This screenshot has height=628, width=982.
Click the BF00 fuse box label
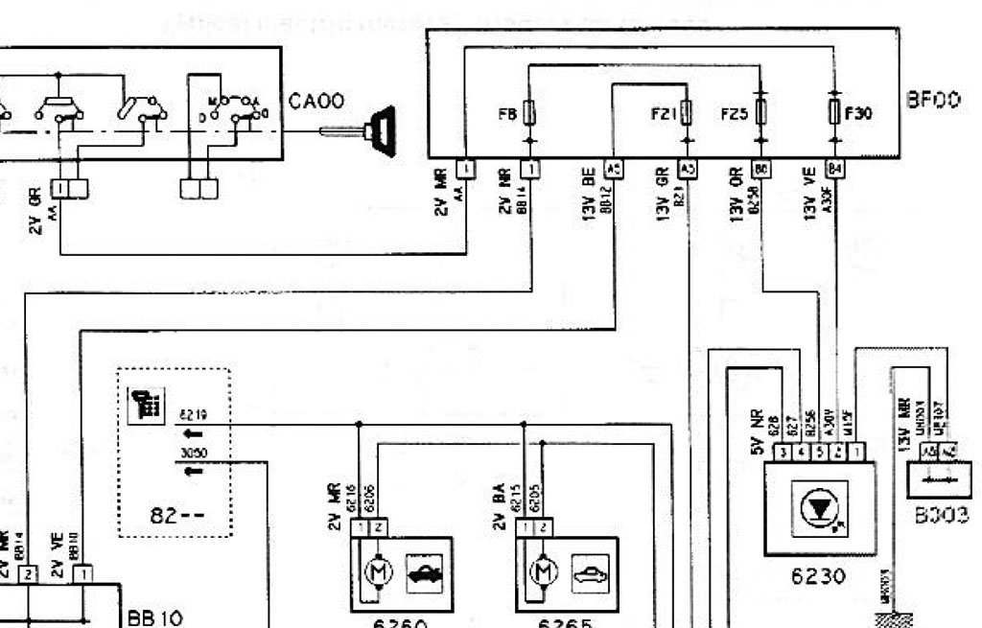tap(933, 100)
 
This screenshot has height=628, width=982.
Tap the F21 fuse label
tap(664, 114)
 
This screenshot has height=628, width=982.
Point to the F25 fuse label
tap(734, 114)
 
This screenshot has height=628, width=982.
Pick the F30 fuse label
tap(858, 113)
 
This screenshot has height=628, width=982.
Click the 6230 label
tap(819, 576)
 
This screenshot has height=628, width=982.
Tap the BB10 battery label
tap(154, 615)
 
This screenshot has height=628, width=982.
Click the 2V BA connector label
tap(499, 505)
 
